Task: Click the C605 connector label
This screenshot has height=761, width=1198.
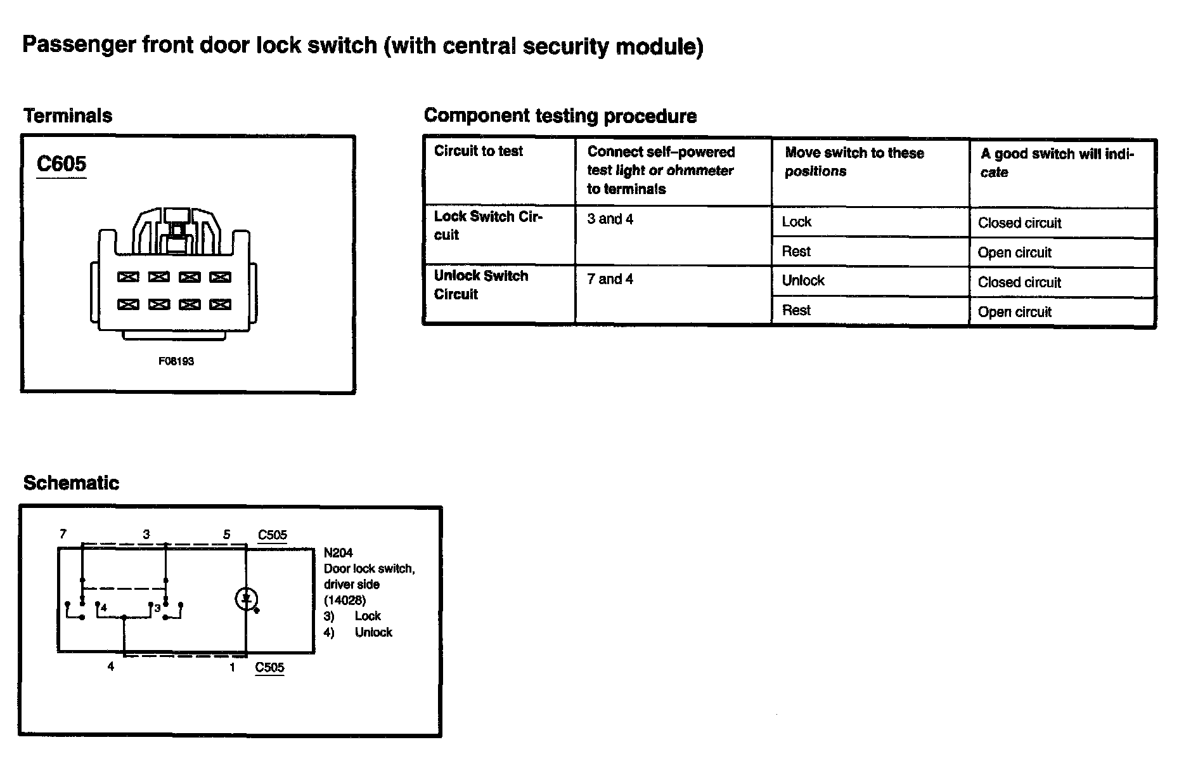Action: pos(61,164)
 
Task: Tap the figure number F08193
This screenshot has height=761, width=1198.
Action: pos(176,361)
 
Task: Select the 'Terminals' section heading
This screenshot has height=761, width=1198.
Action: pos(68,116)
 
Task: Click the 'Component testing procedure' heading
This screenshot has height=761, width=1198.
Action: pos(560,116)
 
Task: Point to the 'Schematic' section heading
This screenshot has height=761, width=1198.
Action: pos(71,483)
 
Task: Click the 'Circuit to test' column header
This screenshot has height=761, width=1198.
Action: pos(479,151)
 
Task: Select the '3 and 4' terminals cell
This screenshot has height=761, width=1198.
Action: pos(610,219)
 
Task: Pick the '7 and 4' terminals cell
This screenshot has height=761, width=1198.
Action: pos(610,279)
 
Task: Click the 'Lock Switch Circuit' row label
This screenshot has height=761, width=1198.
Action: pos(487,225)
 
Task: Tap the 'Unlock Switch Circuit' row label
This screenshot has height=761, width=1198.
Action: pos(480,285)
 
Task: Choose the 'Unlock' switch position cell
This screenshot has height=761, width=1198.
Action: pos(803,281)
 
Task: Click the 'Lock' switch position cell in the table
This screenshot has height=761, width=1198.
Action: pos(797,222)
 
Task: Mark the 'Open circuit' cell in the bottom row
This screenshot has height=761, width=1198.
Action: pos(1014,312)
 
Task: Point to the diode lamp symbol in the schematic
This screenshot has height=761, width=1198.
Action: pos(246,599)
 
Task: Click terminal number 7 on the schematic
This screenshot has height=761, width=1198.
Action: pos(63,534)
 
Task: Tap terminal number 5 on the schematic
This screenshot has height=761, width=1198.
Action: pos(226,535)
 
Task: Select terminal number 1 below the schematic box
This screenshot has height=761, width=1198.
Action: pos(233,667)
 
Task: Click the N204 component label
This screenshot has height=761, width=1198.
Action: pos(338,553)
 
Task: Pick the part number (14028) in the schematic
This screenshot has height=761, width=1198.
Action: pos(345,600)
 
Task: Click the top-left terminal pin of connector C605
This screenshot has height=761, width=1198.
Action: pos(129,277)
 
